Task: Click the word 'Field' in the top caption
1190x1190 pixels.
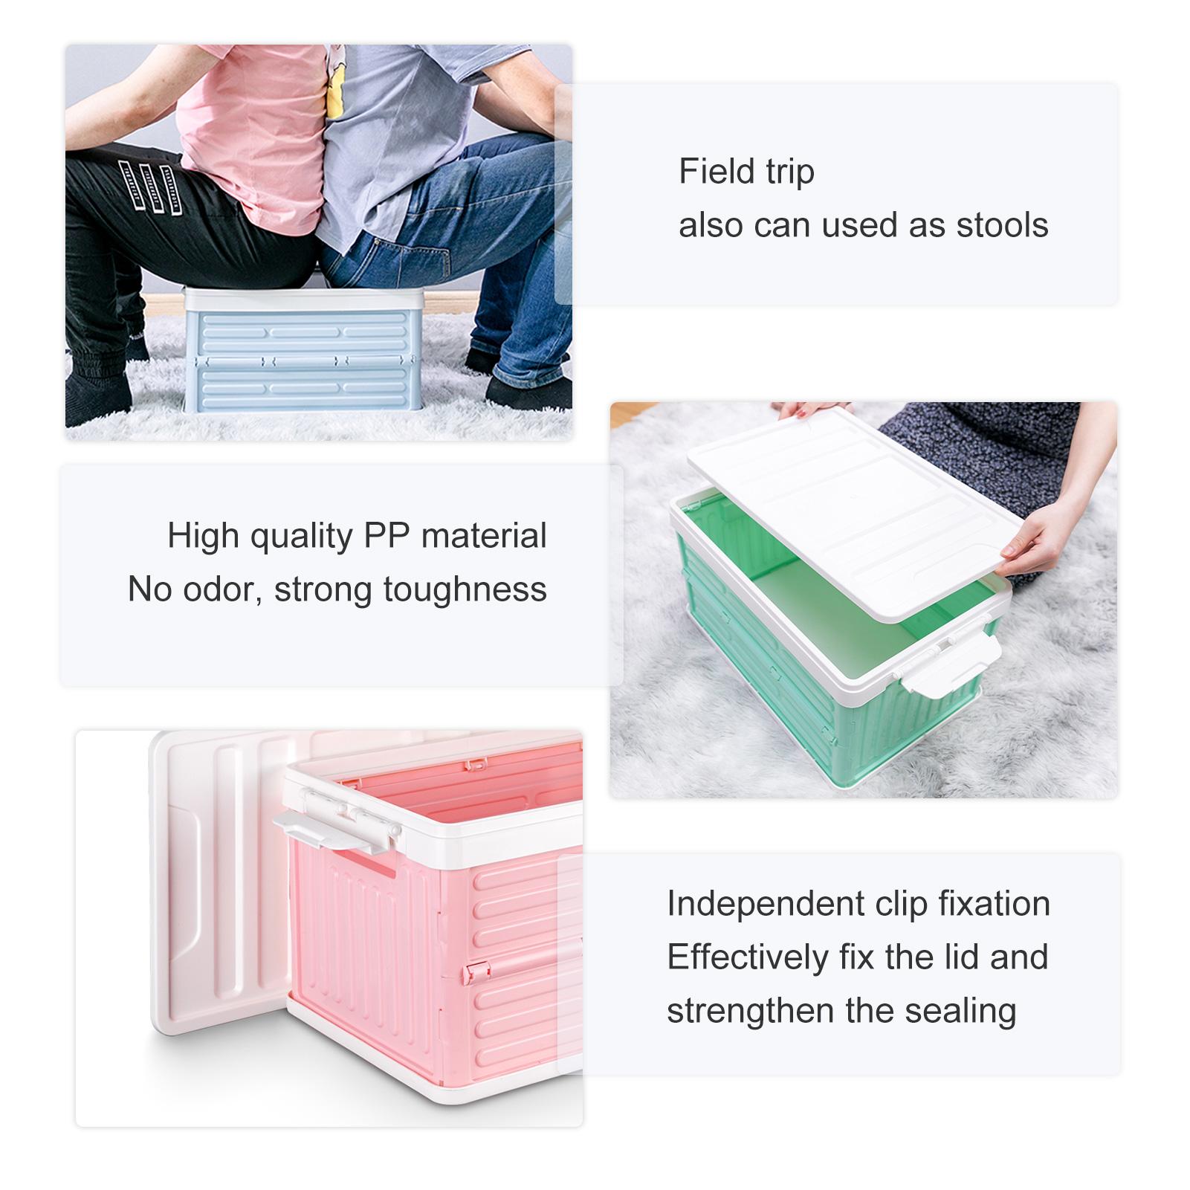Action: pos(717,171)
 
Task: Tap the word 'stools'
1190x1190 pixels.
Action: pos(1002,224)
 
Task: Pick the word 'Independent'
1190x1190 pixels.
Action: pos(766,904)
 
